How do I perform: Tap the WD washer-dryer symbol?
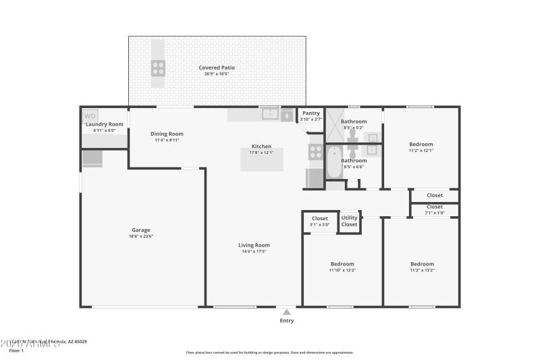tap(90, 116)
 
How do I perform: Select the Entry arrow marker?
tap(287, 312)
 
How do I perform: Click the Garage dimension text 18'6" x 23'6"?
tap(141, 236)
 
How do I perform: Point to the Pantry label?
tap(311, 113)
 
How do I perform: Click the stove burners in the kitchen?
tap(315, 152)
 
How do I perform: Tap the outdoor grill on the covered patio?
tap(158, 68)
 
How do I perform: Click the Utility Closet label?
tap(349, 221)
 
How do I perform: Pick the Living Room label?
tap(254, 245)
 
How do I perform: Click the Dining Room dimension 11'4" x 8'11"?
tap(167, 140)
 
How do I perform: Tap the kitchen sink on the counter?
tap(270, 113)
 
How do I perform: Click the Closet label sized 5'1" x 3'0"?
tap(320, 219)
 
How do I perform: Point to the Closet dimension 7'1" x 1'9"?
tap(435, 213)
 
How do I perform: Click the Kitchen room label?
tap(262, 147)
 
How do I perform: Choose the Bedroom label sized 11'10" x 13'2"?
tap(342, 264)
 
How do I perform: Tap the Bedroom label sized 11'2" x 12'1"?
tap(421, 145)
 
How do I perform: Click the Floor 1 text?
tap(16, 351)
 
